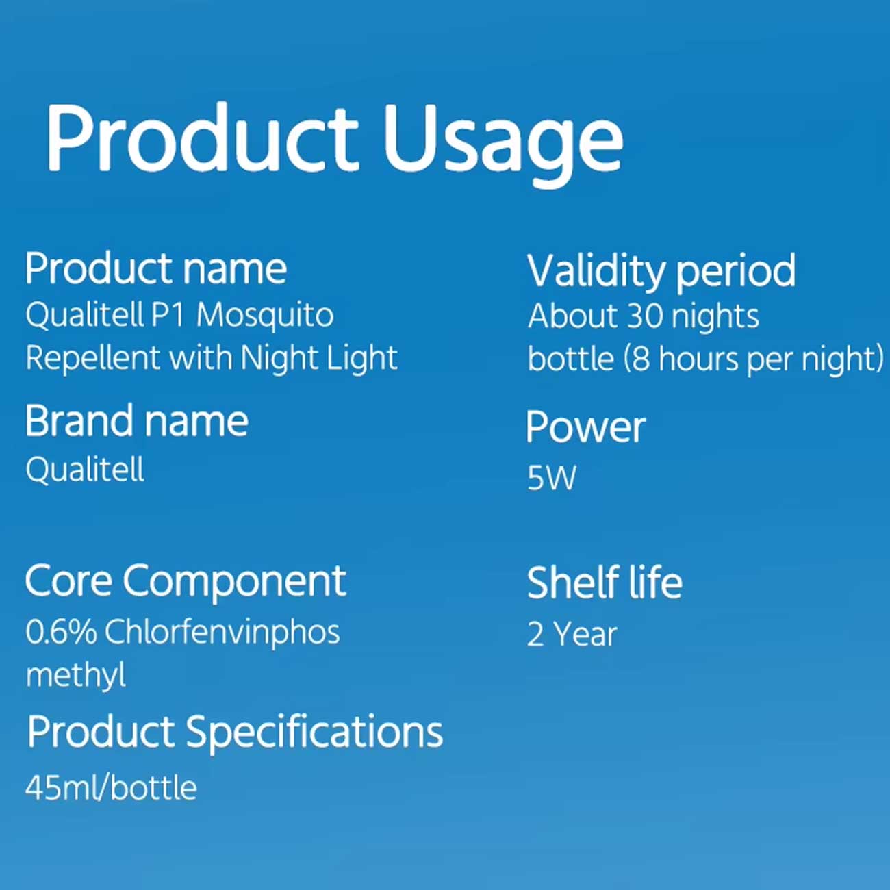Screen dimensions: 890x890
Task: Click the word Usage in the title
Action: (x=503, y=144)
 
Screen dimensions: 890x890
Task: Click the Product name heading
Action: (x=156, y=269)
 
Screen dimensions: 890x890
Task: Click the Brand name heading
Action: (x=137, y=421)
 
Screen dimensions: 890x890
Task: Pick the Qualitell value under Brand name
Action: (x=85, y=470)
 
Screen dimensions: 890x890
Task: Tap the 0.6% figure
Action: (x=62, y=633)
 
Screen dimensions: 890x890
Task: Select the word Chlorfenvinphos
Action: (x=222, y=633)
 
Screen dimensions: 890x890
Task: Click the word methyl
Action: (x=76, y=676)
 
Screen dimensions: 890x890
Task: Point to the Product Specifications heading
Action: (x=235, y=733)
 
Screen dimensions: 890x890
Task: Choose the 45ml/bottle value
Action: (x=112, y=788)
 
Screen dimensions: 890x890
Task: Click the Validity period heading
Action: (x=661, y=272)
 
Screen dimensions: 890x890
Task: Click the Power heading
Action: (x=585, y=427)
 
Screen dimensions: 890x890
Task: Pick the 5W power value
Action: (x=552, y=478)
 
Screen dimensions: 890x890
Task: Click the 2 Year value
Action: (x=572, y=635)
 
